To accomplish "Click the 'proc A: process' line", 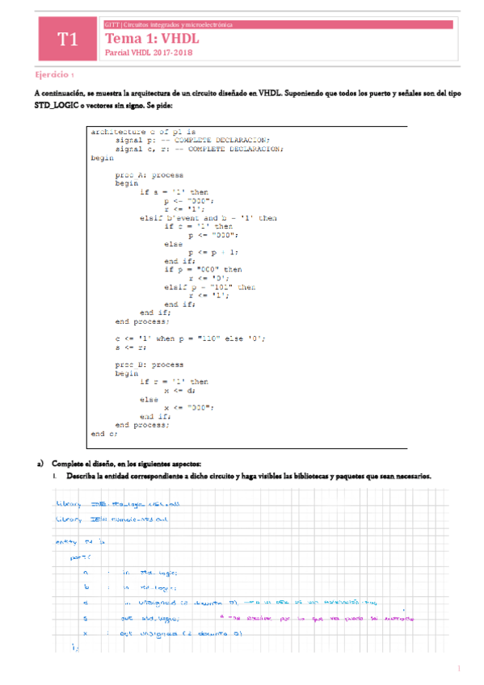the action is tap(149, 174).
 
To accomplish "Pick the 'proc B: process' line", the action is tap(149, 364).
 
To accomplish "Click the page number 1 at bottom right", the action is tap(458, 668).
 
